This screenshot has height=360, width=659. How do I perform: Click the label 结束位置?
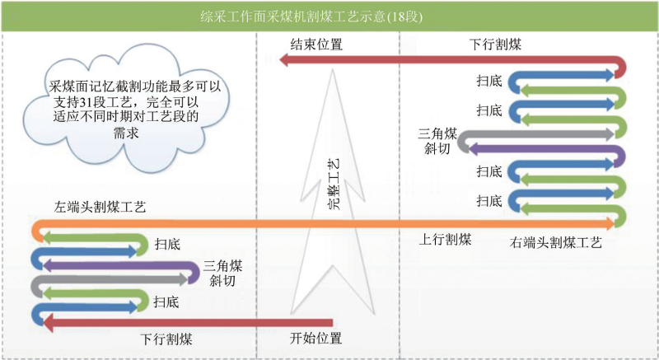pos(316,44)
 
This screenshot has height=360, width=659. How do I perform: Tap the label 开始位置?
pos(315,338)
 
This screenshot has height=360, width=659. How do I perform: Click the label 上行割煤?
pos(445,240)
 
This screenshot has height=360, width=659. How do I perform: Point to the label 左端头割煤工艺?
pos(100,207)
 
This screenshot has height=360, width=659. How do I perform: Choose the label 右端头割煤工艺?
pos(555,242)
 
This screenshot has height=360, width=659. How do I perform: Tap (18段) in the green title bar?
pos(404,16)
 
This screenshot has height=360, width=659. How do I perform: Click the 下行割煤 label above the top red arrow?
pos(495,44)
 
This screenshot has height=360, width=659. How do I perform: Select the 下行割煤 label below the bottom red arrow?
pos(166,339)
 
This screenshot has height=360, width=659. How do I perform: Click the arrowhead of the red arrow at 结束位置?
pos(284,60)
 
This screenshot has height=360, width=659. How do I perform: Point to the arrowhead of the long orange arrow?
pos(611,223)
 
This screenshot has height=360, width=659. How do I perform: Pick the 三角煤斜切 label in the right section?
pos(437,141)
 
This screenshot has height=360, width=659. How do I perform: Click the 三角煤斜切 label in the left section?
pos(222,273)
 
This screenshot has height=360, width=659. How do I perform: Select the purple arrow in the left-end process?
pos(122,264)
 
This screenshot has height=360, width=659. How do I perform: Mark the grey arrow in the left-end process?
pos(110,279)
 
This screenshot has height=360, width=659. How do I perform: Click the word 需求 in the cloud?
pos(126,133)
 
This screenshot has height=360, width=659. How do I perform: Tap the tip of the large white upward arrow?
pos(333,70)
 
